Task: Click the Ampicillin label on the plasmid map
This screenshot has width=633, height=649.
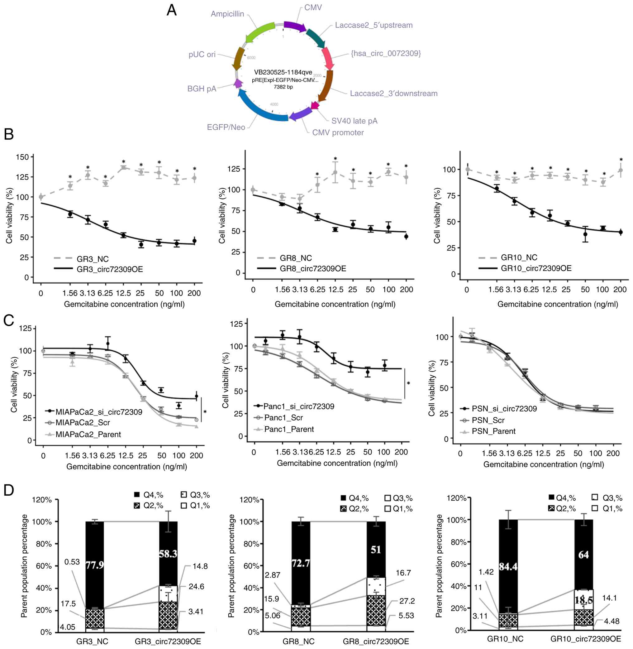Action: (227, 14)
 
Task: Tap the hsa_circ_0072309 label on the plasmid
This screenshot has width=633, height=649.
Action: (386, 53)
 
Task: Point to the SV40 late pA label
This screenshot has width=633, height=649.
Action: (354, 121)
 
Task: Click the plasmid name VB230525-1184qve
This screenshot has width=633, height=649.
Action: (283, 72)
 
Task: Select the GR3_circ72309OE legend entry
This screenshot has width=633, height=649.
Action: (110, 269)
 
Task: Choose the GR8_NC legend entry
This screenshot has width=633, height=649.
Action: (296, 258)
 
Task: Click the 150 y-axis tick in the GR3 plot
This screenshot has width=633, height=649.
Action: (22, 157)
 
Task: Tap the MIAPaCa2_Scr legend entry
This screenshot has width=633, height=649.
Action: (83, 422)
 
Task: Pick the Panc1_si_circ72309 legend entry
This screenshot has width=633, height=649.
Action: (298, 406)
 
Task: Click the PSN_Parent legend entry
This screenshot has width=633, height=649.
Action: (493, 431)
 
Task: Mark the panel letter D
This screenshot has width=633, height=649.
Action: (9, 490)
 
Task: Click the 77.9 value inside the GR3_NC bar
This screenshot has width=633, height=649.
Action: (95, 565)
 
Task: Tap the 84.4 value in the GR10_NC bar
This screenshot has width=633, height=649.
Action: (508, 566)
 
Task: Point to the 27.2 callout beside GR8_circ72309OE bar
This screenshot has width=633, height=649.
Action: (407, 601)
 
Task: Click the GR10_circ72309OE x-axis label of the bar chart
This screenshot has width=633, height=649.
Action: (585, 639)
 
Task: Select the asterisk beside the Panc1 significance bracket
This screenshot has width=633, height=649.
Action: (408, 383)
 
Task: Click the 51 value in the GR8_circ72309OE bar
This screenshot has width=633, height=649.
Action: (376, 550)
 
